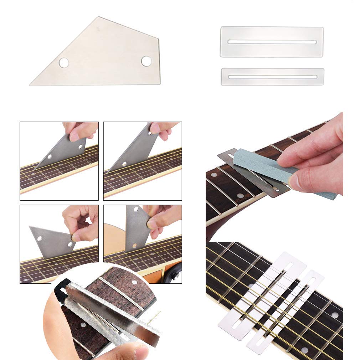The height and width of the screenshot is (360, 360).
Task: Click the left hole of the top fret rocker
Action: (64, 63)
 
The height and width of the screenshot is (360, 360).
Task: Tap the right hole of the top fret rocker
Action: (146, 61)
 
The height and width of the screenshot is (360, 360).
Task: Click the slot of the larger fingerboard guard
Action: (272, 42)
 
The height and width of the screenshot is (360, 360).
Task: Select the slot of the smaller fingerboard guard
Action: (272, 77)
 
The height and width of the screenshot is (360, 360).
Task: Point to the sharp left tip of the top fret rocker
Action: (31, 84)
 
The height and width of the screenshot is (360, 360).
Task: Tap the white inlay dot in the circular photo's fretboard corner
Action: (134, 282)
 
